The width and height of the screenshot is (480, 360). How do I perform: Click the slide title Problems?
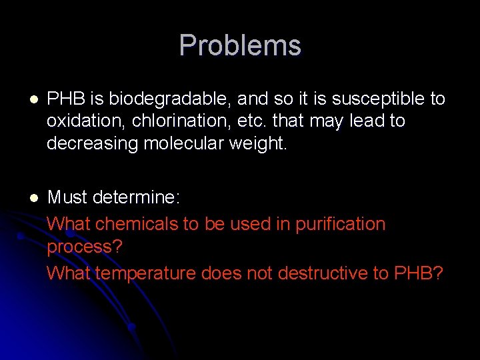(x=240, y=45)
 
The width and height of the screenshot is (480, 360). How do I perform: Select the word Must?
(x=67, y=197)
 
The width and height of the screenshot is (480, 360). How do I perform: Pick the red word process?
(x=85, y=247)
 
